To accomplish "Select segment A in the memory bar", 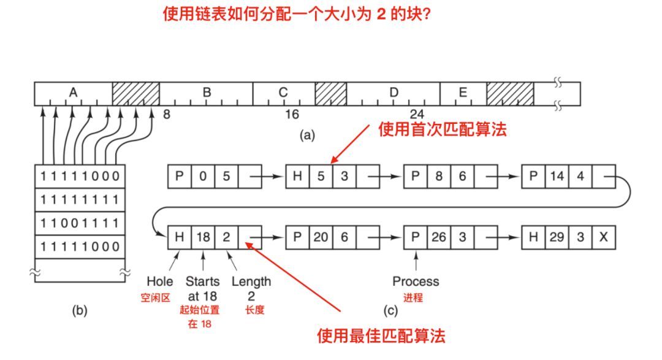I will pos(73,93).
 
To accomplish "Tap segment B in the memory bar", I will pos(207,93).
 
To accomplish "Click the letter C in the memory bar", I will pos(283,93).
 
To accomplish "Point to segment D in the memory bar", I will pos(394,93).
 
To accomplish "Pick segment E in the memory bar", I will pos(463,93).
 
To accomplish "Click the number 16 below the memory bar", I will pos(292,114).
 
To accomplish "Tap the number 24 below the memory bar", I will pos(417,114).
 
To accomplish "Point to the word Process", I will pos(416,281).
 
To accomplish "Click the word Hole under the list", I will pos(160,281).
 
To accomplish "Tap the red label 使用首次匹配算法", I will pos(443,129).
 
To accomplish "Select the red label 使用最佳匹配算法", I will pos(381,335).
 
